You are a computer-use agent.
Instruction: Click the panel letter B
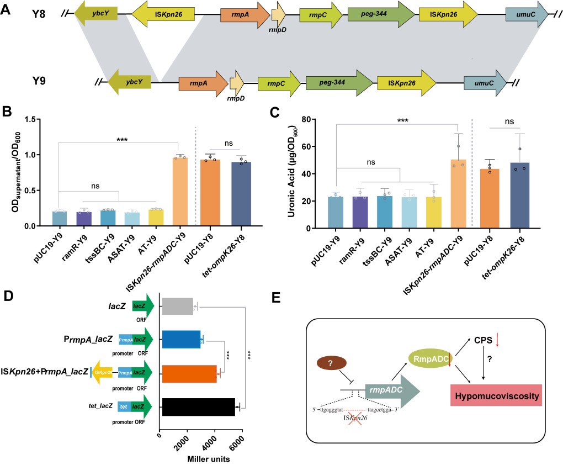click(7, 113)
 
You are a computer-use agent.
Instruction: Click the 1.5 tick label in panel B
click(38, 119)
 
